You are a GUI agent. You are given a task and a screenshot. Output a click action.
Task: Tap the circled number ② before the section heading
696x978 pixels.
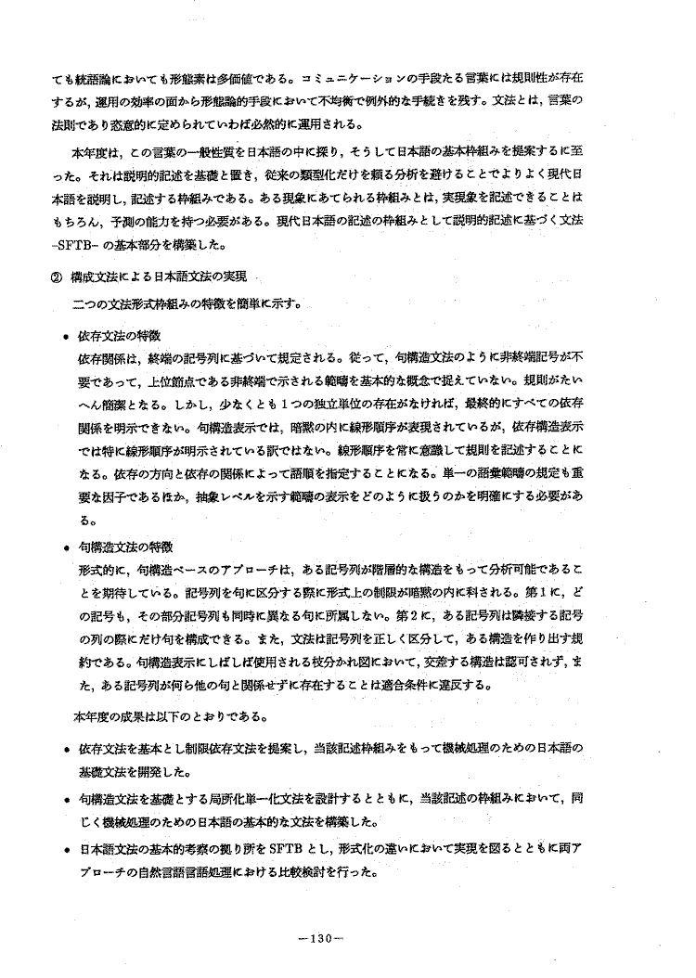pyautogui.click(x=62, y=276)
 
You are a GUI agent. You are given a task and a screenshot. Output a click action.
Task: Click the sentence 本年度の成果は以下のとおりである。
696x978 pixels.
pyautogui.click(x=170, y=715)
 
